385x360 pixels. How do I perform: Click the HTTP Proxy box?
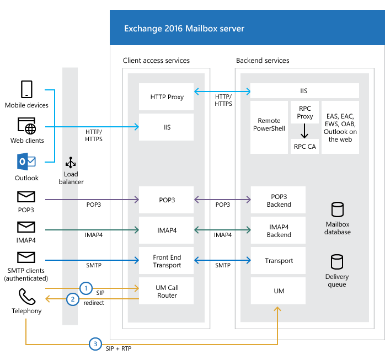coord(167,97)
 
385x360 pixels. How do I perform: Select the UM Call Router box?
coord(167,291)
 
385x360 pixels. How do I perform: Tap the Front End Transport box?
coord(167,261)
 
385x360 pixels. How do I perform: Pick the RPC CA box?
coord(305,146)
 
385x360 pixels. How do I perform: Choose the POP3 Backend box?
coord(279,201)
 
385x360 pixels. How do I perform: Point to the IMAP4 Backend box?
coord(279,230)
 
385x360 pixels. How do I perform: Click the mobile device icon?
coord(26,89)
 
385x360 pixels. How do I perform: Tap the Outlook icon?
coord(26,162)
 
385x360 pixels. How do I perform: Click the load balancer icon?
coord(71,163)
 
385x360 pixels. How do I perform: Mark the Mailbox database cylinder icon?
coord(336,209)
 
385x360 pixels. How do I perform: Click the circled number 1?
coord(85,288)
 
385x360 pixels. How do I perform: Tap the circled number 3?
coord(95,344)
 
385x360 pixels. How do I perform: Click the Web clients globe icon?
coord(27,126)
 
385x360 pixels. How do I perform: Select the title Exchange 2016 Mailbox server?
coord(184,28)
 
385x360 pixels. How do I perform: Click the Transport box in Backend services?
coord(279,261)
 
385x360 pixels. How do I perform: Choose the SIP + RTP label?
coord(119,349)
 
